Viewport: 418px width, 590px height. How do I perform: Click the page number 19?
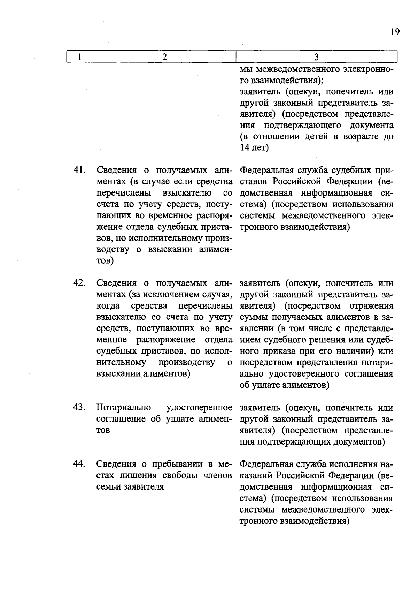[x=395, y=32]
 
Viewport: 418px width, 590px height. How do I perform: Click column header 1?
[x=80, y=57]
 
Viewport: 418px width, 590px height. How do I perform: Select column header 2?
[x=164, y=57]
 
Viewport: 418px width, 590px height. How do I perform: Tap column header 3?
[x=316, y=57]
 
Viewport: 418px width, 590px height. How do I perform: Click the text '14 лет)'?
[x=254, y=148]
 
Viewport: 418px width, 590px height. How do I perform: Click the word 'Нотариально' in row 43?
[x=123, y=407]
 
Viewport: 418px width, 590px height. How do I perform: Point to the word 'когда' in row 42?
[x=108, y=306]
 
